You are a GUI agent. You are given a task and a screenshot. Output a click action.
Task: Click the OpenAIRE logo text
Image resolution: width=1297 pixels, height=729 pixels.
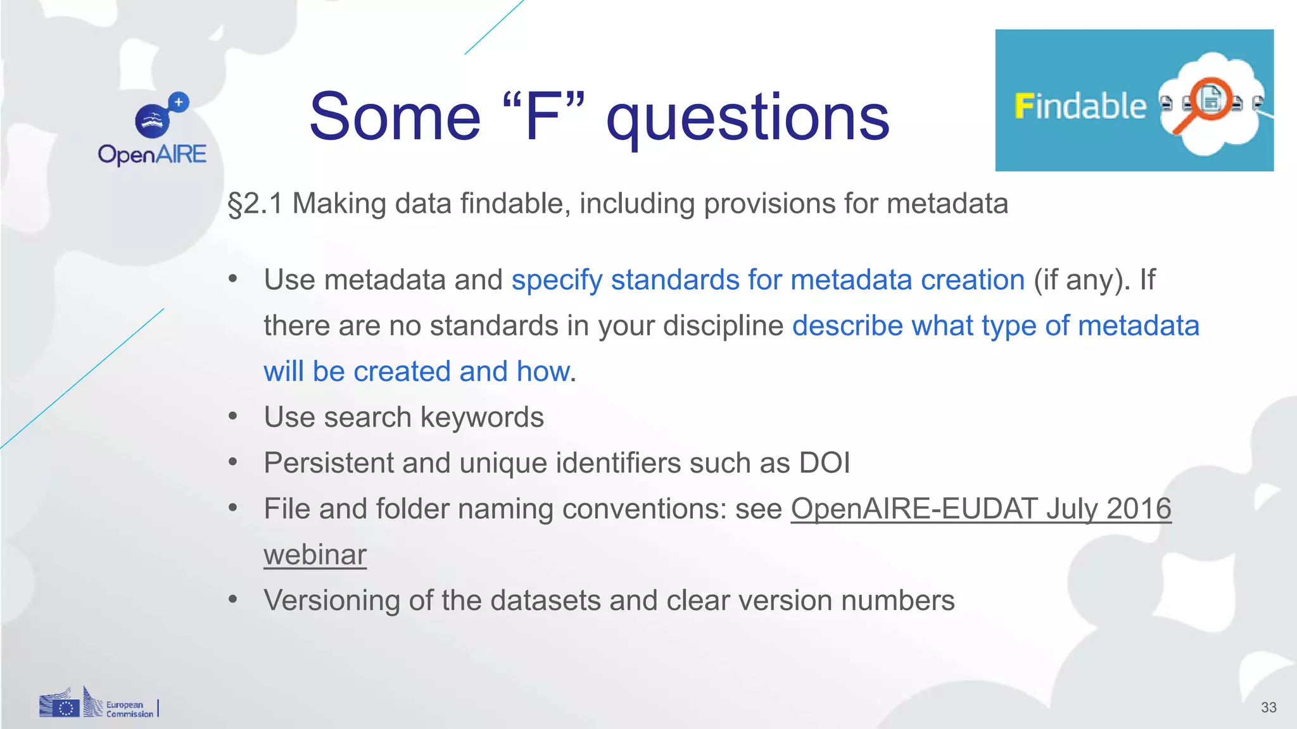(x=152, y=154)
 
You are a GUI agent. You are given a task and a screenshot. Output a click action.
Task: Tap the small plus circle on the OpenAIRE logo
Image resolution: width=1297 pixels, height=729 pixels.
(x=179, y=102)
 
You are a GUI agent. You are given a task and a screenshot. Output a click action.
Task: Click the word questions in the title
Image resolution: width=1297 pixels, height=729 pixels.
(x=747, y=118)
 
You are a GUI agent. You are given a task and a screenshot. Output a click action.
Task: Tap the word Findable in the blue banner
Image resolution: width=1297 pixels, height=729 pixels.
(x=1080, y=106)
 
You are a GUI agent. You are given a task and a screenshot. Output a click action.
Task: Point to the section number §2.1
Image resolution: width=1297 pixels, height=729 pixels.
(x=255, y=204)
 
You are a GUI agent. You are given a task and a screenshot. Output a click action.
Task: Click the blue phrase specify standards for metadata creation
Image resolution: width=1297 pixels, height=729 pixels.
(x=768, y=280)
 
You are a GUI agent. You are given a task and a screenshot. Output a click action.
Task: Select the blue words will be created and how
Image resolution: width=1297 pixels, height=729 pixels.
(x=416, y=371)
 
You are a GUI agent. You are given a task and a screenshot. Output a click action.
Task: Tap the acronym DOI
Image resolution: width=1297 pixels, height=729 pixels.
(x=824, y=463)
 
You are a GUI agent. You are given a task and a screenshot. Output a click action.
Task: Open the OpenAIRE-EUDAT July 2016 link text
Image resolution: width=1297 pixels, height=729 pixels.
(x=981, y=509)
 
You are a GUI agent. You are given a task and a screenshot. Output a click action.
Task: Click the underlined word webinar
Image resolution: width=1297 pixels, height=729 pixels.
(x=315, y=555)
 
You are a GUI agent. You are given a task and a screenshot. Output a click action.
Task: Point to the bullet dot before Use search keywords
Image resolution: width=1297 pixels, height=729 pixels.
(x=233, y=417)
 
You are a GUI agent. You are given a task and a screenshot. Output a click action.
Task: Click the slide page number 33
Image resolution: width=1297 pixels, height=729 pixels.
(x=1268, y=707)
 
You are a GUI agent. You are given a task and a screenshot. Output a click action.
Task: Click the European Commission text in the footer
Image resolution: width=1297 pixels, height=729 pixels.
(x=129, y=709)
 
